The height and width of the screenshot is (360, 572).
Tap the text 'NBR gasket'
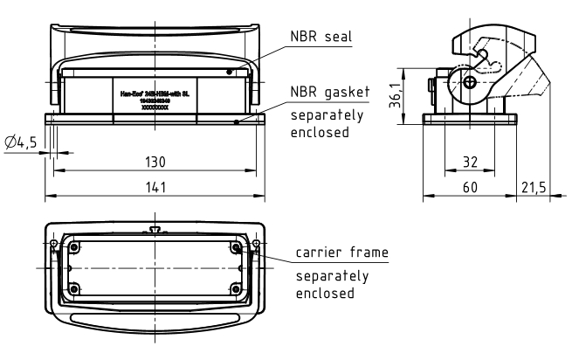tap(326, 91)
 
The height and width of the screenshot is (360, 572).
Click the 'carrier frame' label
tap(341, 253)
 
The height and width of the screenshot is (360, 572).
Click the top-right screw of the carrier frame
tap(237, 247)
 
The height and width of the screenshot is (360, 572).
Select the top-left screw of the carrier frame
tap(73, 247)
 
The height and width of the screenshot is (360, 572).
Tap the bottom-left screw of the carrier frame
tap(73, 287)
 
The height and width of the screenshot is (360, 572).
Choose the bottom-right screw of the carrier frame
tap(237, 287)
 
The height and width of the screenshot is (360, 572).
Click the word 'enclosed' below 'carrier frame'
tap(325, 293)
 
